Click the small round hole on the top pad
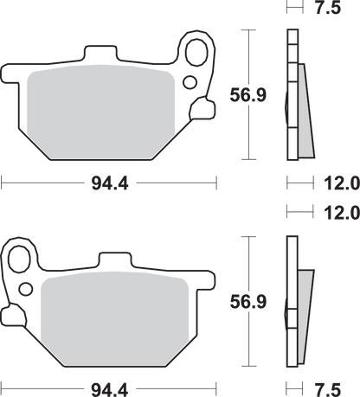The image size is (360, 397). point(190,82)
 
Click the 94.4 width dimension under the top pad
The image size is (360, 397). point(110,183)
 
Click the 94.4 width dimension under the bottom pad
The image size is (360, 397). point(110,390)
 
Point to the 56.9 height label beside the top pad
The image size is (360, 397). point(248,95)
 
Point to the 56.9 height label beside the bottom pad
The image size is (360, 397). point(248,302)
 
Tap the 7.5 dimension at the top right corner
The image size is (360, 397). point(328,8)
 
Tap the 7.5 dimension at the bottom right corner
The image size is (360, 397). point(328,390)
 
